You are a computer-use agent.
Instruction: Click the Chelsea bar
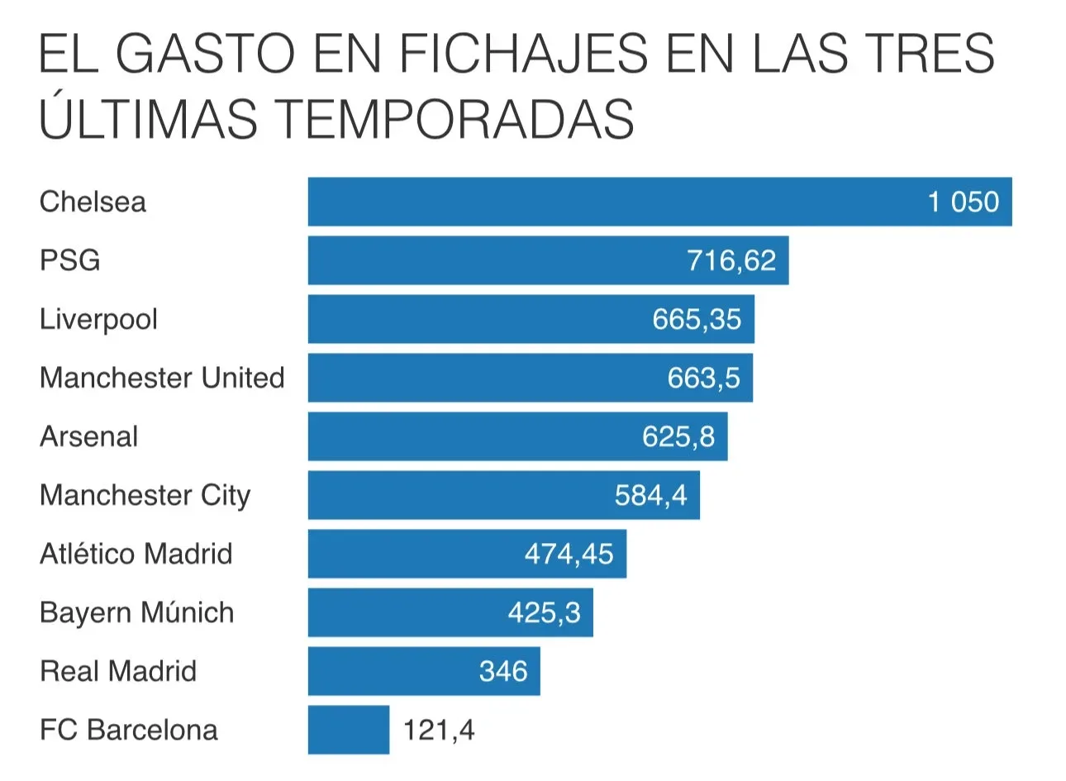[x=659, y=202]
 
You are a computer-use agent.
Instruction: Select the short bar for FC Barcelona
[x=349, y=730]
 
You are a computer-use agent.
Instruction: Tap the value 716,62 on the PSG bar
[x=731, y=261]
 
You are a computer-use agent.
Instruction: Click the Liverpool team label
[x=98, y=319]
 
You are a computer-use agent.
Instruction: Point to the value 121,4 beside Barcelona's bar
[x=439, y=730]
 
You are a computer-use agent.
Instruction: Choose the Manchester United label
[x=162, y=378]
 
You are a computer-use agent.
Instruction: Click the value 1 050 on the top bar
[x=964, y=202]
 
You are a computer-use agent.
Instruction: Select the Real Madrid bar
[x=424, y=671]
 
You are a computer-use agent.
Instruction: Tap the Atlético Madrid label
[x=136, y=554]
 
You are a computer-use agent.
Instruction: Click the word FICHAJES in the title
[x=523, y=53]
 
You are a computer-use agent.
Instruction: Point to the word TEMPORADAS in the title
[x=454, y=118]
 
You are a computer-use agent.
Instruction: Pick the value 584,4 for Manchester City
[x=650, y=495]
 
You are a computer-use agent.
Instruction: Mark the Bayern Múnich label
[x=137, y=612]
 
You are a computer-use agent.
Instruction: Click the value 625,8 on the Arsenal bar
[x=678, y=436]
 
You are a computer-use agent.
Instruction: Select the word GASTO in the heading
[x=205, y=53]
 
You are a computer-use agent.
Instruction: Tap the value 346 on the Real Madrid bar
[x=503, y=671]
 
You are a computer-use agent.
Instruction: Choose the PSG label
[x=70, y=260]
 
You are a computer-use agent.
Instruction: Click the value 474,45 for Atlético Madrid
[x=569, y=555]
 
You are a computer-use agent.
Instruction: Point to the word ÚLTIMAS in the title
[x=149, y=114]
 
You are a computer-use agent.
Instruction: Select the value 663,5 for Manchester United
[x=704, y=378]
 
